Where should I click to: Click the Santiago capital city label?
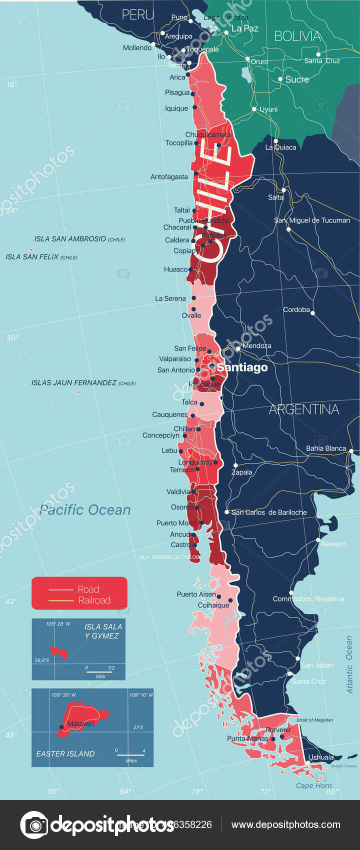[x=242, y=367]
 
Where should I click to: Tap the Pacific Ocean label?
[x=85, y=510]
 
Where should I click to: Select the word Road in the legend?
[x=88, y=589]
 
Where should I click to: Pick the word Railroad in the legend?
[x=94, y=600]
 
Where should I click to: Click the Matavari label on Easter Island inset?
[x=80, y=723]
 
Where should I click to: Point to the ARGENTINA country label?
[x=304, y=409]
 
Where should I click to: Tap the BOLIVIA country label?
[x=298, y=36]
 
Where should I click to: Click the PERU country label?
[x=138, y=15]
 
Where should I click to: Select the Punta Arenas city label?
[x=248, y=738]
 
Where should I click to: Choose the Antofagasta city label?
[x=169, y=177]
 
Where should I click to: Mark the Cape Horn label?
[x=313, y=785]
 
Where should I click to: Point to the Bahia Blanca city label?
[x=326, y=448]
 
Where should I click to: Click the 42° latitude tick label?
[x=11, y=601]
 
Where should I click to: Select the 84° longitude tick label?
[x=125, y=791]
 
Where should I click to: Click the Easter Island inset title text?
[x=65, y=754]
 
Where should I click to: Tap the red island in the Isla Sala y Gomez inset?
[x=58, y=652]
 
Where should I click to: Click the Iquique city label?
[x=176, y=108]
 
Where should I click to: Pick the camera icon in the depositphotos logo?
[x=34, y=825]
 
